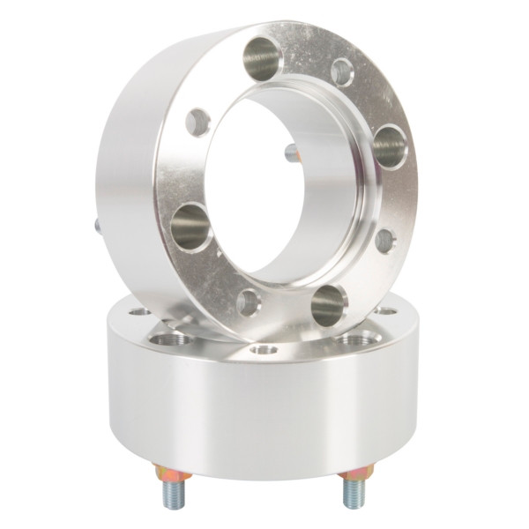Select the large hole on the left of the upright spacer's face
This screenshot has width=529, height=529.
tap(191, 227)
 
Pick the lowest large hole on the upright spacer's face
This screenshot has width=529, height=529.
tap(328, 304)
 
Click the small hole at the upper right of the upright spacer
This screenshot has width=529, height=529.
tap(343, 71)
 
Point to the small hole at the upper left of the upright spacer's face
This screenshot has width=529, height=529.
tap(199, 122)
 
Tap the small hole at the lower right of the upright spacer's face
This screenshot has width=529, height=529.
tap(385, 240)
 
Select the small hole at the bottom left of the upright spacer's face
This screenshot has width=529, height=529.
tap(249, 302)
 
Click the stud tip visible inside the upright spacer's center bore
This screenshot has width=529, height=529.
tap(292, 153)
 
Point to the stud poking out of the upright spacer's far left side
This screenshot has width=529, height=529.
tap(96, 227)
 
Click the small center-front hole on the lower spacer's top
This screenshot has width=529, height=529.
tap(264, 350)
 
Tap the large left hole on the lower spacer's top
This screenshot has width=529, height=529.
tap(168, 337)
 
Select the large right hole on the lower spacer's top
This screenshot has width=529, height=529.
tap(355, 338)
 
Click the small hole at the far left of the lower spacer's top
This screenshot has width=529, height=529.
tap(138, 311)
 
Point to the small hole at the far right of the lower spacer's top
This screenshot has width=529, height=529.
tap(385, 310)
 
